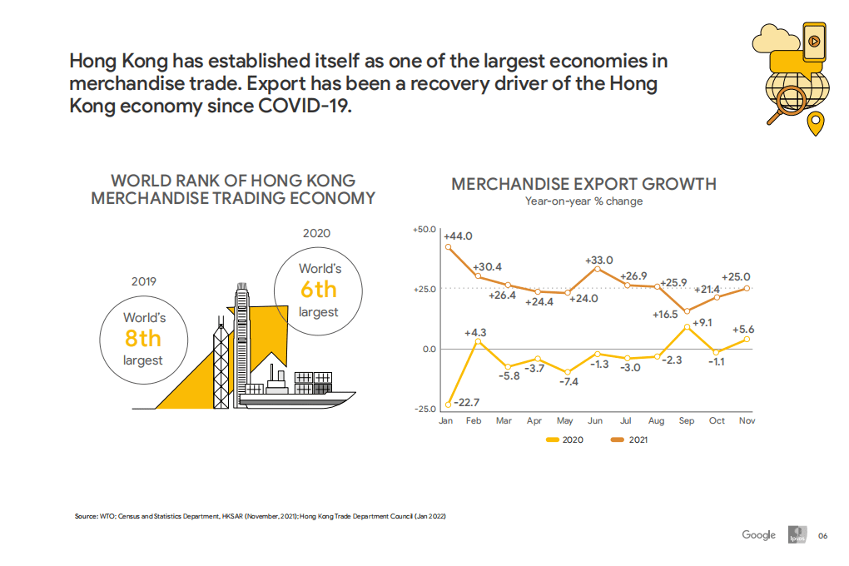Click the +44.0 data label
click(x=458, y=236)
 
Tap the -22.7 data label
click(x=466, y=402)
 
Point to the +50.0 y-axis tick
click(x=424, y=228)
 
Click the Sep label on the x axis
click(x=687, y=421)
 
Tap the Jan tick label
click(x=446, y=421)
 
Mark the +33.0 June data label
click(x=598, y=260)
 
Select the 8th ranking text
click(x=143, y=339)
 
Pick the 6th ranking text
click(x=319, y=290)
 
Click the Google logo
click(x=758, y=535)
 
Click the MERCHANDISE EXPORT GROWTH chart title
click(x=583, y=184)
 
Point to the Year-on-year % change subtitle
click(x=583, y=201)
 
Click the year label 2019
click(x=144, y=281)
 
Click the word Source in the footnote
click(x=86, y=517)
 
